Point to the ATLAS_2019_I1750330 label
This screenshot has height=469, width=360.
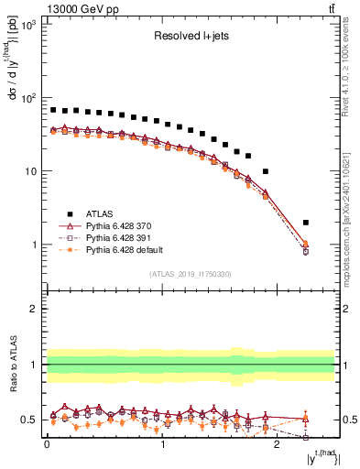[190, 273]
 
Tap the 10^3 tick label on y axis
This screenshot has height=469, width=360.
[28, 24]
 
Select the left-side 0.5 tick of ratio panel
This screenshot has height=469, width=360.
[31, 420]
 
